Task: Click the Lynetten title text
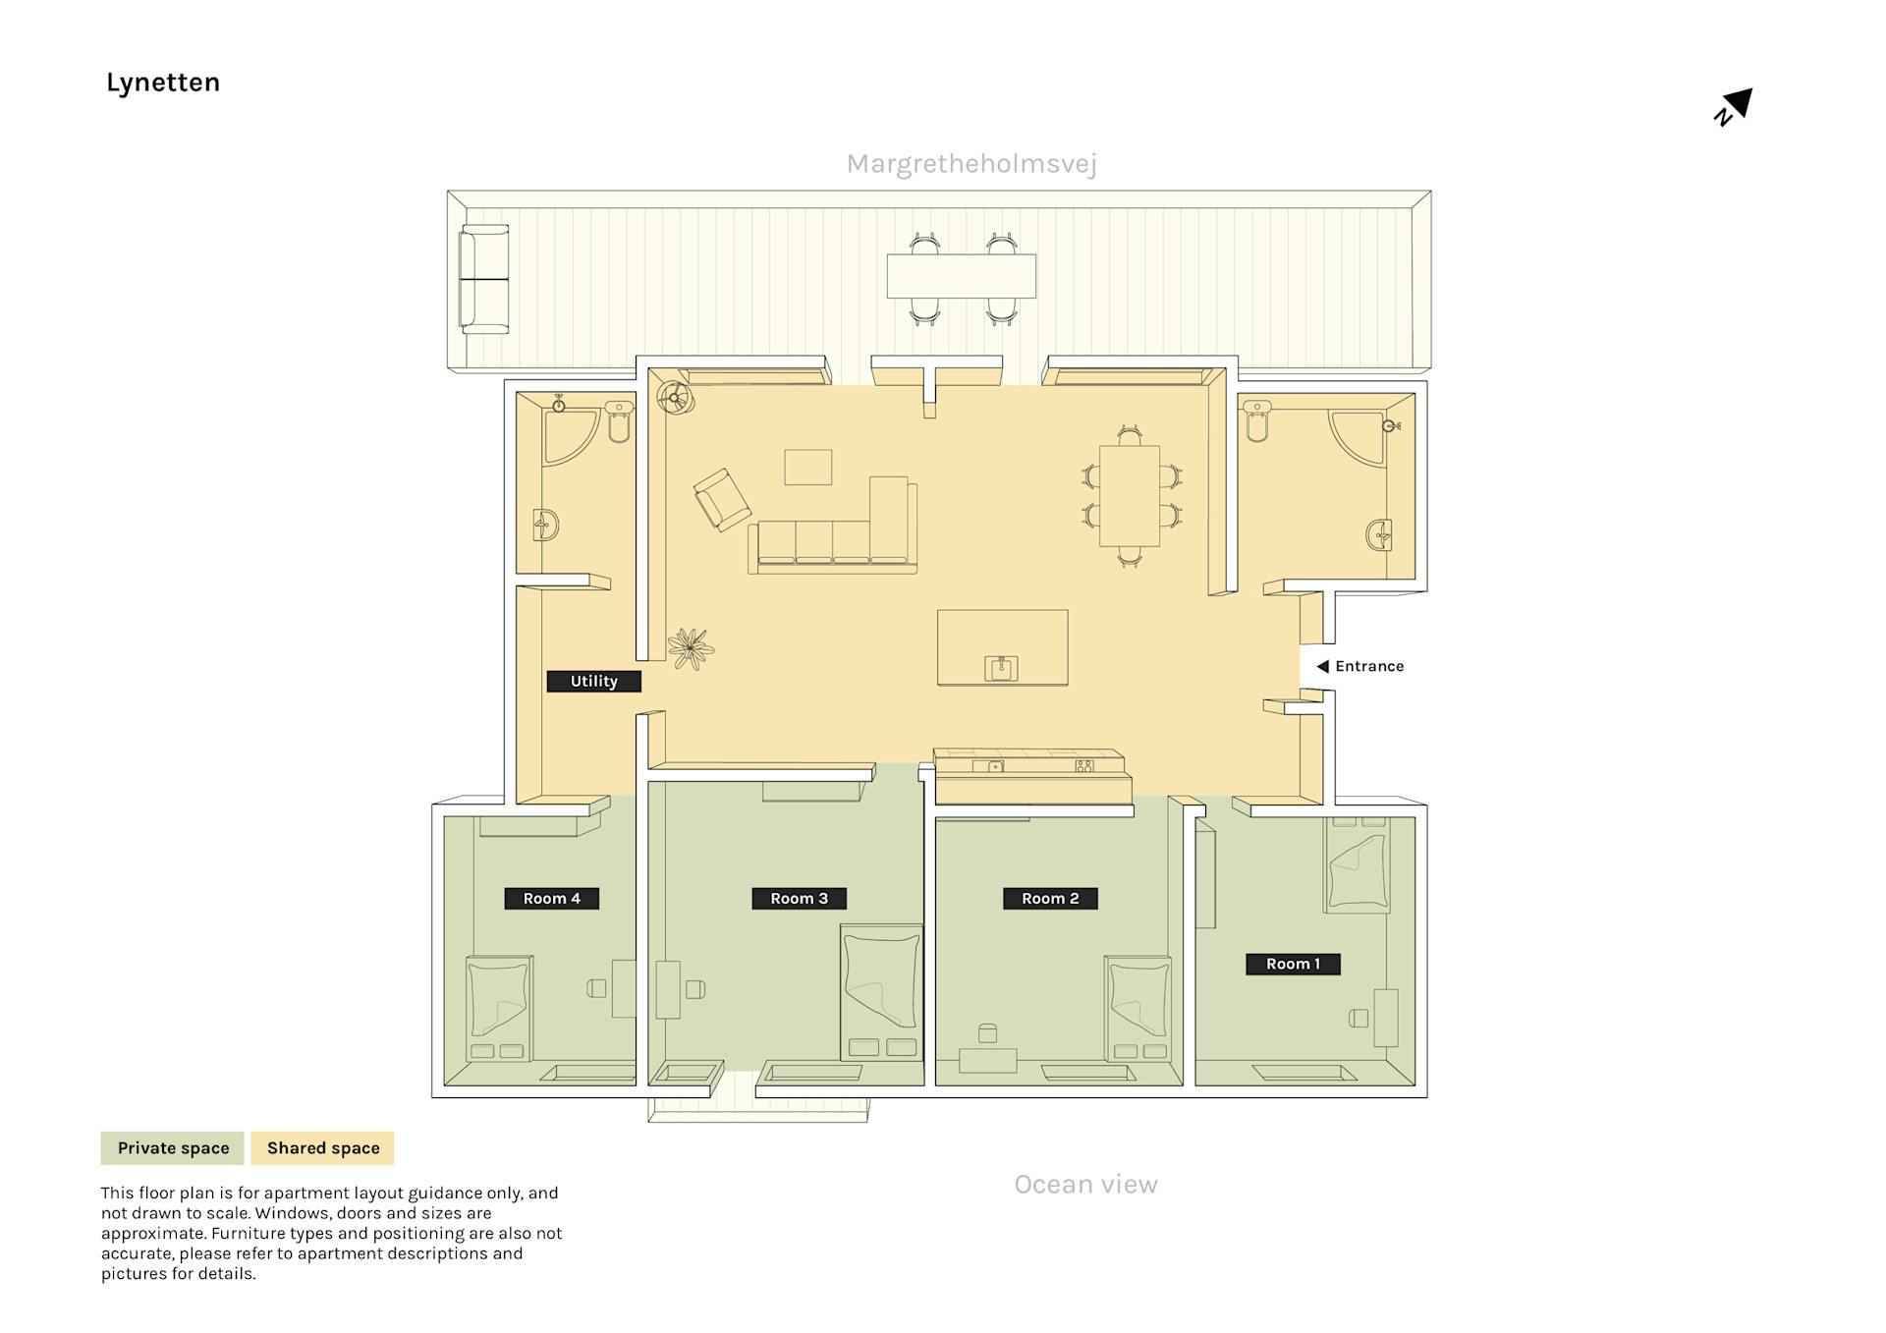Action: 163,83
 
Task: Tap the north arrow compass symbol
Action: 1734,106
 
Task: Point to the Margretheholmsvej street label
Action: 971,164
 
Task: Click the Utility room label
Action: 593,681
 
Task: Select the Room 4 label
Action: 551,898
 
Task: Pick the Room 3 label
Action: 799,898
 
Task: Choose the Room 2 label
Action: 1049,898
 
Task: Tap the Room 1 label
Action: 1292,964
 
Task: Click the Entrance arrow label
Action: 1360,666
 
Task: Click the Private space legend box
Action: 173,1147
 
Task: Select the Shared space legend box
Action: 322,1147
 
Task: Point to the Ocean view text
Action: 1085,1184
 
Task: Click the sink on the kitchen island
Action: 1001,669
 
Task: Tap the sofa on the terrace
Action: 484,279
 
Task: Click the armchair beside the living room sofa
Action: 722,500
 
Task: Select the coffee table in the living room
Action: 807,467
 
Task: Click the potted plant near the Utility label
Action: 690,648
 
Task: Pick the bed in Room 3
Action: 881,992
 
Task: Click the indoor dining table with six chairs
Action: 1130,495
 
